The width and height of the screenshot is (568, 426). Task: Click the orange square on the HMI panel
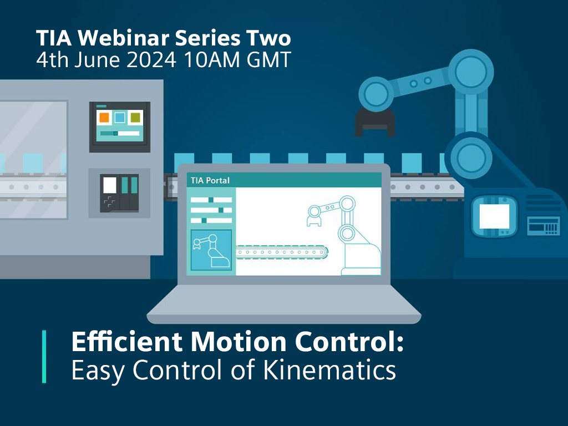pos(104,117)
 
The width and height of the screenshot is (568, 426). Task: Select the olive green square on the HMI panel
pos(135,117)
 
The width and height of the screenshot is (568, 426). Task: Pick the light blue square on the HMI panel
pos(119,117)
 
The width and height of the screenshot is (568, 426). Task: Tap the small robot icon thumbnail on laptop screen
pos(211,250)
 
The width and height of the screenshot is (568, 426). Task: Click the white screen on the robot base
pos(494,216)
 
